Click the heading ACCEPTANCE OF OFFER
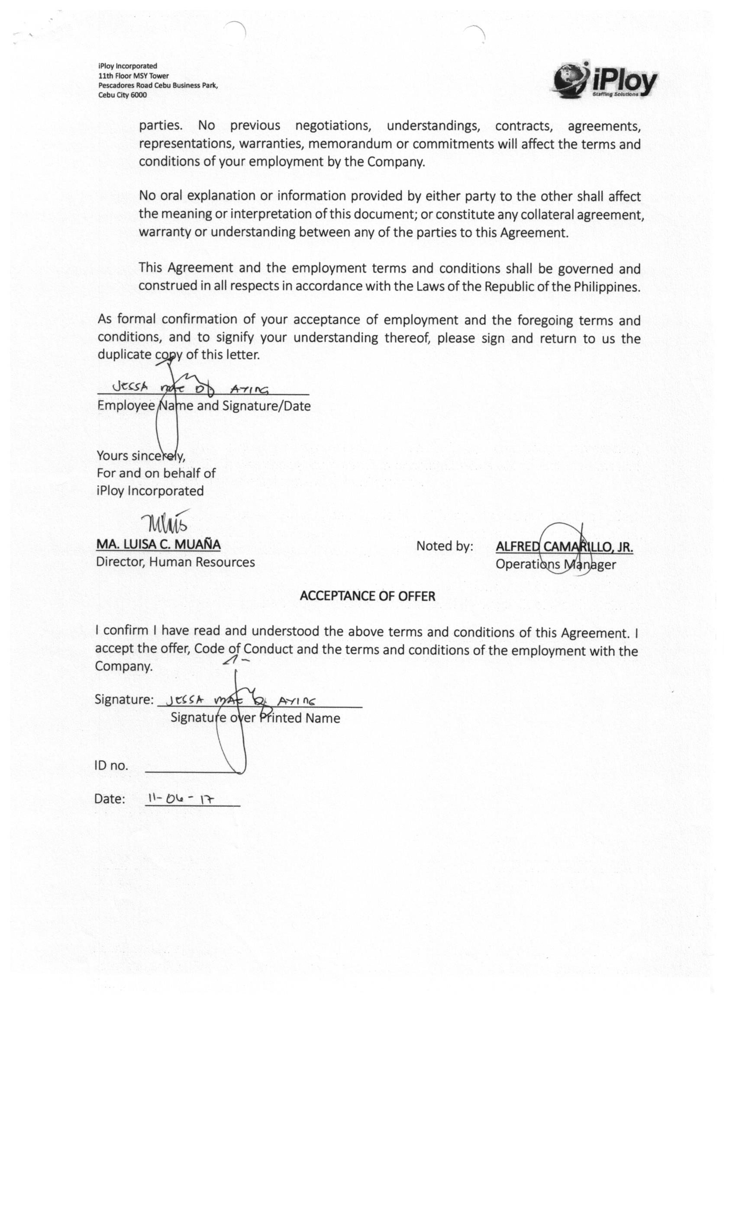(368, 596)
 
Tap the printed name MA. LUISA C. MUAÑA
(158, 545)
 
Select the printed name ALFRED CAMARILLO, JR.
(564, 547)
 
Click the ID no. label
(111, 765)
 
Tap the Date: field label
(110, 799)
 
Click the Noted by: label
(444, 546)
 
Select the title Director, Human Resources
(175, 562)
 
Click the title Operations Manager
(555, 564)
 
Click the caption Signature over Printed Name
(255, 718)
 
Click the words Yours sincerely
(141, 456)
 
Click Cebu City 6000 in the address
(123, 95)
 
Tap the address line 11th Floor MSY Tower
(133, 76)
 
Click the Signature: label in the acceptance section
(124, 700)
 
